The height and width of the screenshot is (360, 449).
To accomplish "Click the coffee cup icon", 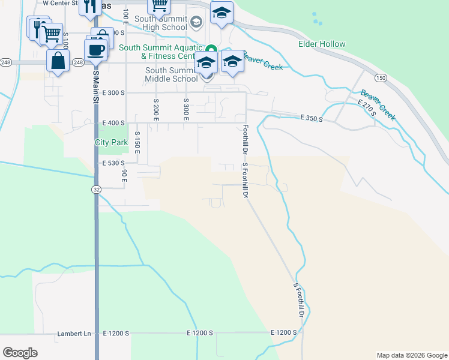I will coord(95,49).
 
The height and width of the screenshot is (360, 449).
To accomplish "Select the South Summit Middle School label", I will coord(171,74).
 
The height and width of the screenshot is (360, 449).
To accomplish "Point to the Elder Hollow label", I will coord(322,44).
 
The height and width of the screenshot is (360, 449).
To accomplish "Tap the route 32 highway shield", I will coord(96,189).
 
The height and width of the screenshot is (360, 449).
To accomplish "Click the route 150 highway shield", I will coord(381,78).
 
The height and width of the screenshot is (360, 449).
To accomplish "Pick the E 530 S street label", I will coord(113,163).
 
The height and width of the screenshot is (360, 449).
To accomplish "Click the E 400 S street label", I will coord(113,122).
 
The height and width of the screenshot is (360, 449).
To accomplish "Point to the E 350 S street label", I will coord(312,119).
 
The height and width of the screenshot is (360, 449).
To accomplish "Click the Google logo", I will coord(20,353).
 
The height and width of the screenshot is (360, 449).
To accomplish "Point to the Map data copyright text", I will coord(411,355).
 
